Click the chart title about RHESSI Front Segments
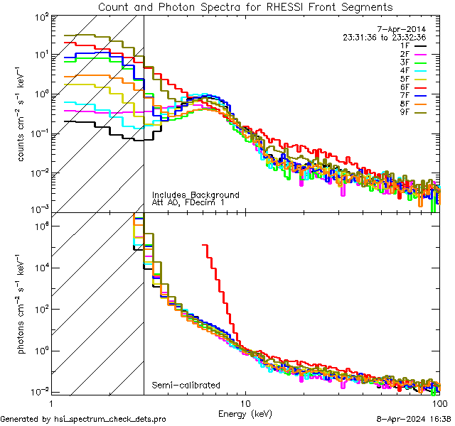pos(245,7)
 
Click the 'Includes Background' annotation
pos(196,195)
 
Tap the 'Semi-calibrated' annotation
pos(186,386)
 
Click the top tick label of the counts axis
pos(41,16)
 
